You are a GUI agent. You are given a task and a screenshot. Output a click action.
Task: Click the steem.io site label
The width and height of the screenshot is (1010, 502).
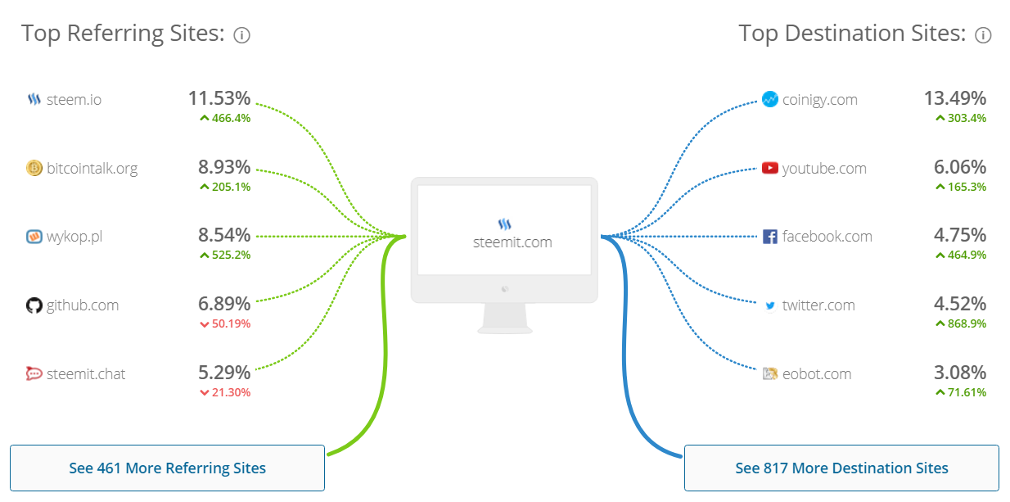pyautogui.click(x=74, y=100)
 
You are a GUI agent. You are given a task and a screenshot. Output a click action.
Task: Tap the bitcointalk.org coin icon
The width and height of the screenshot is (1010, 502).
pyautogui.click(x=34, y=168)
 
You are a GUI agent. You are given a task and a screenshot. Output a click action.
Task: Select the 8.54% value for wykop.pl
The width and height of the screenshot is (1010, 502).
pyautogui.click(x=224, y=235)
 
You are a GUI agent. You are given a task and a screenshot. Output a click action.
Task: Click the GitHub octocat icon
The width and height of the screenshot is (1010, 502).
pyautogui.click(x=34, y=305)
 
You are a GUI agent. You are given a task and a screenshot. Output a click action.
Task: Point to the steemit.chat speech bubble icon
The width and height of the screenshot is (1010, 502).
pyautogui.click(x=34, y=373)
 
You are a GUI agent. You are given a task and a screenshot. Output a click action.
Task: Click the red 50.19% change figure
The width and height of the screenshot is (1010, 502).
pyautogui.click(x=225, y=323)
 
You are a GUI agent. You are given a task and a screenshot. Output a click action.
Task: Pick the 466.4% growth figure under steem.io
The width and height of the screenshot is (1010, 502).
pyautogui.click(x=225, y=118)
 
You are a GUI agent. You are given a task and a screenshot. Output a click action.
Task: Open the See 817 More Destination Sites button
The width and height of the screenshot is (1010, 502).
pyautogui.click(x=841, y=468)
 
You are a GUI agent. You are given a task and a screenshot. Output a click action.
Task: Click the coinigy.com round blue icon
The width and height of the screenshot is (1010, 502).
pyautogui.click(x=769, y=99)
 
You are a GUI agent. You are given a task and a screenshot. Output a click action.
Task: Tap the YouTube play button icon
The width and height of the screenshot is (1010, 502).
pyautogui.click(x=769, y=168)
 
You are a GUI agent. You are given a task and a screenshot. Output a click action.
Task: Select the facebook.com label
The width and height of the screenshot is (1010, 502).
pyautogui.click(x=827, y=237)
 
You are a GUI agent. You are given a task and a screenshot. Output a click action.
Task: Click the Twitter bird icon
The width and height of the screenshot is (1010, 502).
pyautogui.click(x=770, y=305)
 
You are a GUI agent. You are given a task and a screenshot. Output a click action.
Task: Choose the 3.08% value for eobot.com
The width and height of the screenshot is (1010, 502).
pyautogui.click(x=959, y=373)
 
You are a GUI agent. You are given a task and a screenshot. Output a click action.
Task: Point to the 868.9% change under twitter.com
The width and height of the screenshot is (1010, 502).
pyautogui.click(x=961, y=323)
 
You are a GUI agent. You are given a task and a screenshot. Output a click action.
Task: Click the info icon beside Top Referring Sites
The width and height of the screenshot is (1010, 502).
pyautogui.click(x=241, y=35)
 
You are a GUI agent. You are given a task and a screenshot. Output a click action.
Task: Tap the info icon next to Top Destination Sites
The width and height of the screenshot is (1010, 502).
pyautogui.click(x=983, y=35)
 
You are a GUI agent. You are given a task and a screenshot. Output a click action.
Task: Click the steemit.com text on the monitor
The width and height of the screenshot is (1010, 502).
pyautogui.click(x=512, y=242)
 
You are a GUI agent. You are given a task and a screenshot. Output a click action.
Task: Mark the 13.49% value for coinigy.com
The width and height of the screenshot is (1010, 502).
pyautogui.click(x=955, y=98)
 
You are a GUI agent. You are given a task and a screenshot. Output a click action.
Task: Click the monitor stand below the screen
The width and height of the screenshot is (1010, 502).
pyautogui.click(x=504, y=319)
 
